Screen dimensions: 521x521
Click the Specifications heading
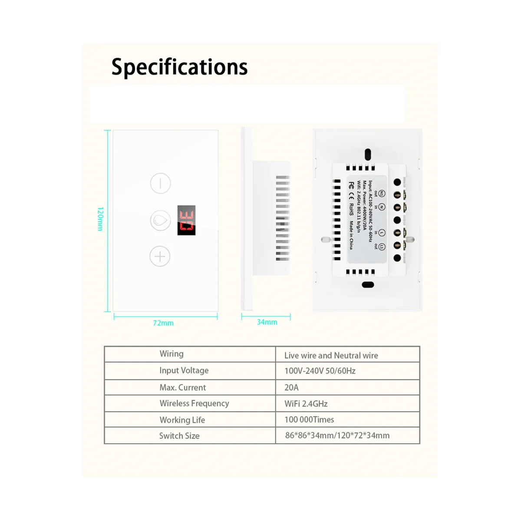pos(179,67)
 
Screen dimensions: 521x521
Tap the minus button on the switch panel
pos(161,183)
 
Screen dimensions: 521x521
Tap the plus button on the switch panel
pos(160,257)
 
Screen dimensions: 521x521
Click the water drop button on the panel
pos(160,220)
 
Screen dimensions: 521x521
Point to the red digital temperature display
pos(186,221)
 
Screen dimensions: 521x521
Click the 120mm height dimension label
pos(100,219)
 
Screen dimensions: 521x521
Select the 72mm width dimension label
pos(163,323)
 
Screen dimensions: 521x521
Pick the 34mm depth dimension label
pos(267,322)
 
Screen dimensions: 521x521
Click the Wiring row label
pos(171,354)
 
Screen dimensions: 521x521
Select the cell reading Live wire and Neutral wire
pos(331,356)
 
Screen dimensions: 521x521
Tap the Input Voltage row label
pos(184,370)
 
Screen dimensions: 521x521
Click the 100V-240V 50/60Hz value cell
pos(320,371)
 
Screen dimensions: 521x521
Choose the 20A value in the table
pos(291,387)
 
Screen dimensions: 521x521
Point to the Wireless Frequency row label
pos(194,403)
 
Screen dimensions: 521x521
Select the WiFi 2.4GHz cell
pos(306,404)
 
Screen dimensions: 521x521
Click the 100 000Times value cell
pos(309,420)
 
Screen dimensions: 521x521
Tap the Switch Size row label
pos(179,436)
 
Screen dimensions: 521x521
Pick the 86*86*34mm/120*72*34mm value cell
pos(337,435)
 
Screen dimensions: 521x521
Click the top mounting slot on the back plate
pos(368,153)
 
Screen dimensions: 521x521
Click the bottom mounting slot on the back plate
pos(368,285)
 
